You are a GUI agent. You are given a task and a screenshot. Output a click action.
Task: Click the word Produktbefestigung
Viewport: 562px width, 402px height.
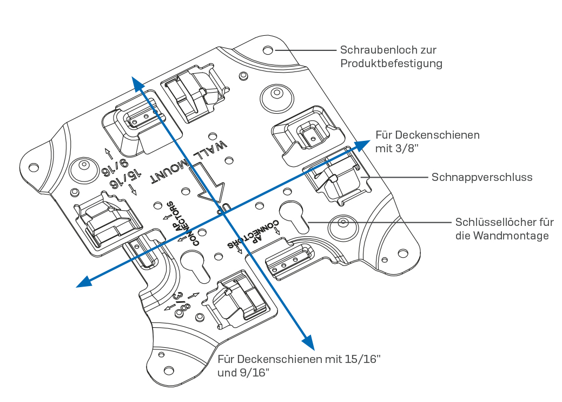391,63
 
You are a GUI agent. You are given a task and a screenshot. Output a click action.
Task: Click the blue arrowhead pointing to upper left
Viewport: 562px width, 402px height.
137,83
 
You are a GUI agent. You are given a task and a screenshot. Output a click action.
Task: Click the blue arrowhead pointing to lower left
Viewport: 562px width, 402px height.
83,281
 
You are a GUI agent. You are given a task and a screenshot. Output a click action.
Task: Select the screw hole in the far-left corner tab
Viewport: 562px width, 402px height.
33,166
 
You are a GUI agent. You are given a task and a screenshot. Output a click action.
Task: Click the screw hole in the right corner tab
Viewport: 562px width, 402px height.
402,253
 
